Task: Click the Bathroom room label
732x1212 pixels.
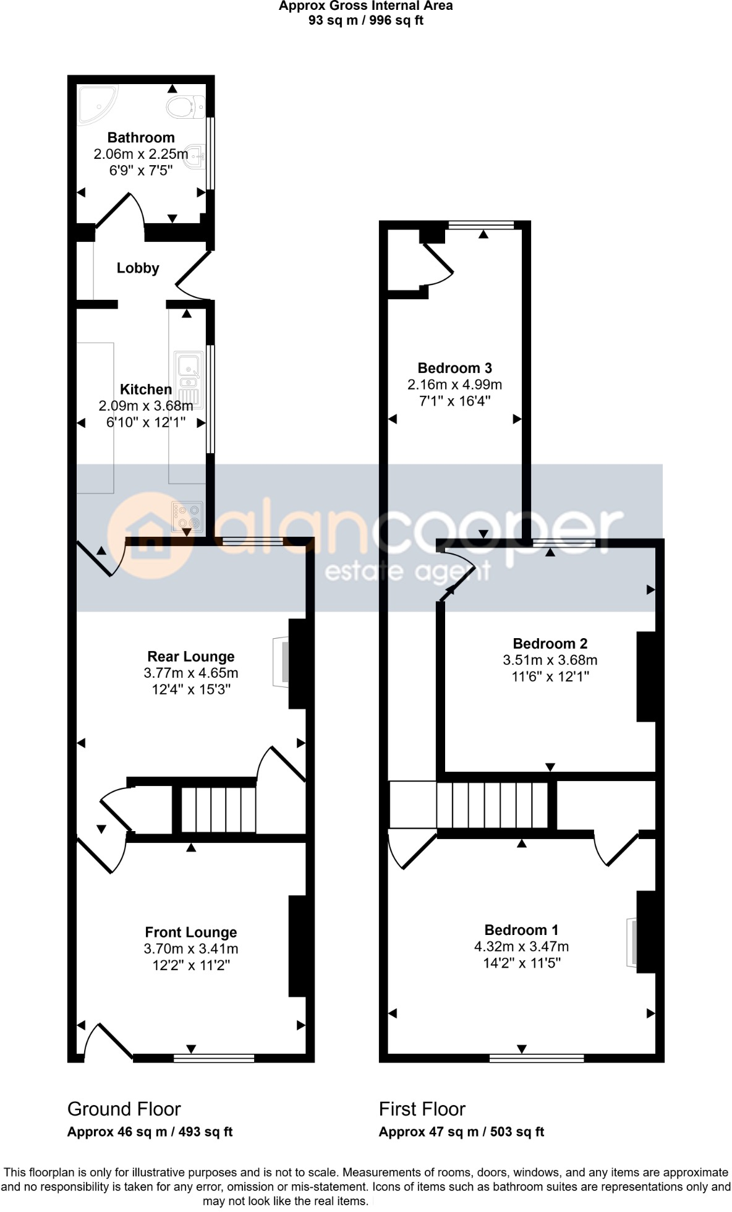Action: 141,137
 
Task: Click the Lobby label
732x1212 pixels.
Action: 138,268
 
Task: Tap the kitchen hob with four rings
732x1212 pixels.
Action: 187,516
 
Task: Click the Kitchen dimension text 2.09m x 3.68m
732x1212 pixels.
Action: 146,406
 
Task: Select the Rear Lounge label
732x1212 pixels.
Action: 190,656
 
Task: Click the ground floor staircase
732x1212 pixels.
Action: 218,809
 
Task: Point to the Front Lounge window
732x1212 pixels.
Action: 214,1058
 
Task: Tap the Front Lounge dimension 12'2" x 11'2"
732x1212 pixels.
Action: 190,965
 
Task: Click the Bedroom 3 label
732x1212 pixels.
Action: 454,368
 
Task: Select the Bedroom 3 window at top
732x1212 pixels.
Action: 481,225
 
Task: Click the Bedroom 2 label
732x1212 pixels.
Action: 550,643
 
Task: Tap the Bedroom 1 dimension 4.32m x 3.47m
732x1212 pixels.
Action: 521,946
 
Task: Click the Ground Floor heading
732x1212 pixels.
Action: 124,1109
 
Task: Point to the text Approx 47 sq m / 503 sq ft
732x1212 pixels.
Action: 461,1132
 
